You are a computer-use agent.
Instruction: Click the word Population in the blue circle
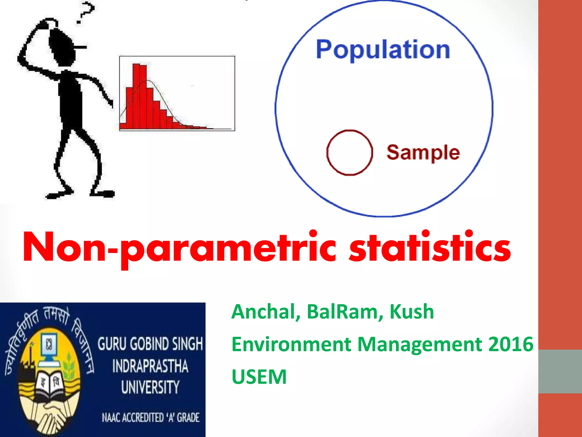pos(383,50)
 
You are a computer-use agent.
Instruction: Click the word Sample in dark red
pos(423,153)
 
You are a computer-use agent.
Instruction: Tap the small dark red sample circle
pos(349,152)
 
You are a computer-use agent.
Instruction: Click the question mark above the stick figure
pos(85,13)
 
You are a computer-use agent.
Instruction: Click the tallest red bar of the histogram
pos(136,97)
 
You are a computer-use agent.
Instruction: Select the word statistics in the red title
pos(430,247)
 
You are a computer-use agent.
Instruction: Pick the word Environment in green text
pos(291,344)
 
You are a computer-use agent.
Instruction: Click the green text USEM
pos(259,377)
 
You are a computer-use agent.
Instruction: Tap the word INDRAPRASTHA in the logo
pos(150,366)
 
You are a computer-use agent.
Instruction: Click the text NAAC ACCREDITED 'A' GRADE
pos(151,417)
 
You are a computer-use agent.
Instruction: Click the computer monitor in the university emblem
pos(49,346)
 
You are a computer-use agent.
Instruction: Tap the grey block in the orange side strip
pos(560,371)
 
